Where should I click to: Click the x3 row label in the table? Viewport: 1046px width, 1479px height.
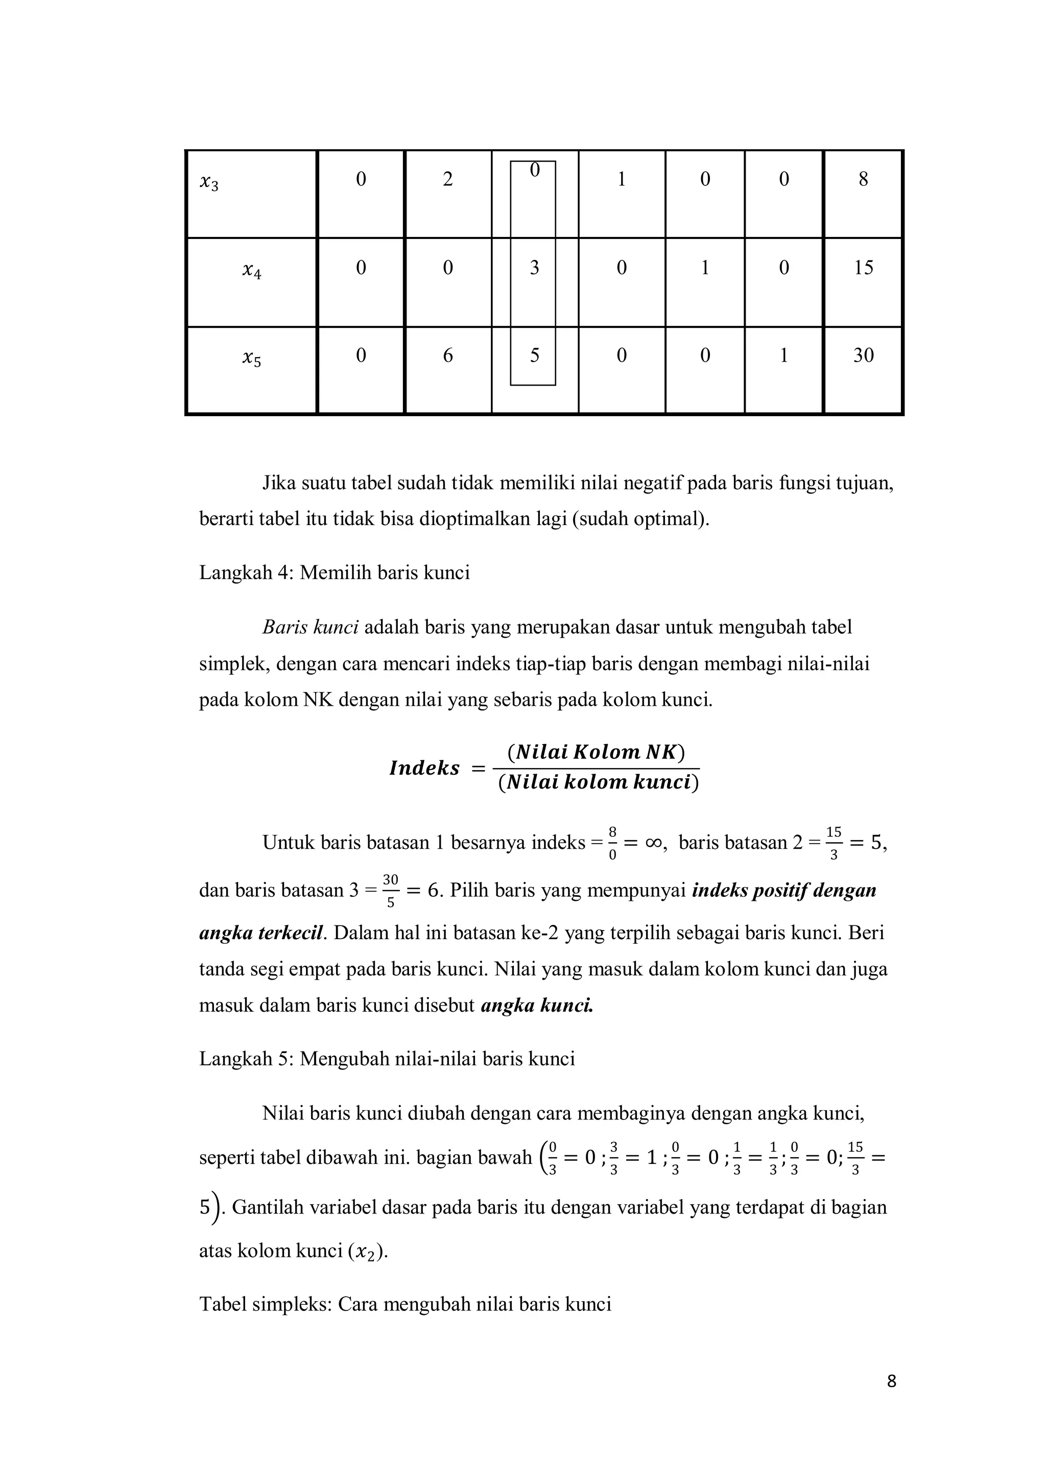[x=209, y=185]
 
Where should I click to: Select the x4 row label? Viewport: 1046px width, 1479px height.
[x=252, y=273]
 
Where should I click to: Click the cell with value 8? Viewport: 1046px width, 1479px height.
[x=863, y=180]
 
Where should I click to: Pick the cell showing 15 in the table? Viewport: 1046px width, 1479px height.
[x=863, y=267]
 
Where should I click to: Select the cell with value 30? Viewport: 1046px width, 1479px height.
[x=863, y=355]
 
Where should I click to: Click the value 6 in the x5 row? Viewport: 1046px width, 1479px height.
[x=447, y=355]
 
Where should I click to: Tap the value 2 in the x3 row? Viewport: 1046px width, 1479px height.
[x=447, y=180]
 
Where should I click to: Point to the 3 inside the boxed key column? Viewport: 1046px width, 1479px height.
[x=534, y=267]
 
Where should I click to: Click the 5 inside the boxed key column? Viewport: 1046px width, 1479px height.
[x=534, y=355]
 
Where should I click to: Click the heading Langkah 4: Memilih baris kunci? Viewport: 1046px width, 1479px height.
[x=335, y=572]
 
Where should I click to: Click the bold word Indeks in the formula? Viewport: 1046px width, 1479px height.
[x=424, y=769]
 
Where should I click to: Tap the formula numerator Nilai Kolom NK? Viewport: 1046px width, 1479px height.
[x=596, y=752]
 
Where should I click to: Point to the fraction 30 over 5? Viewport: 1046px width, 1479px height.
[x=390, y=891]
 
